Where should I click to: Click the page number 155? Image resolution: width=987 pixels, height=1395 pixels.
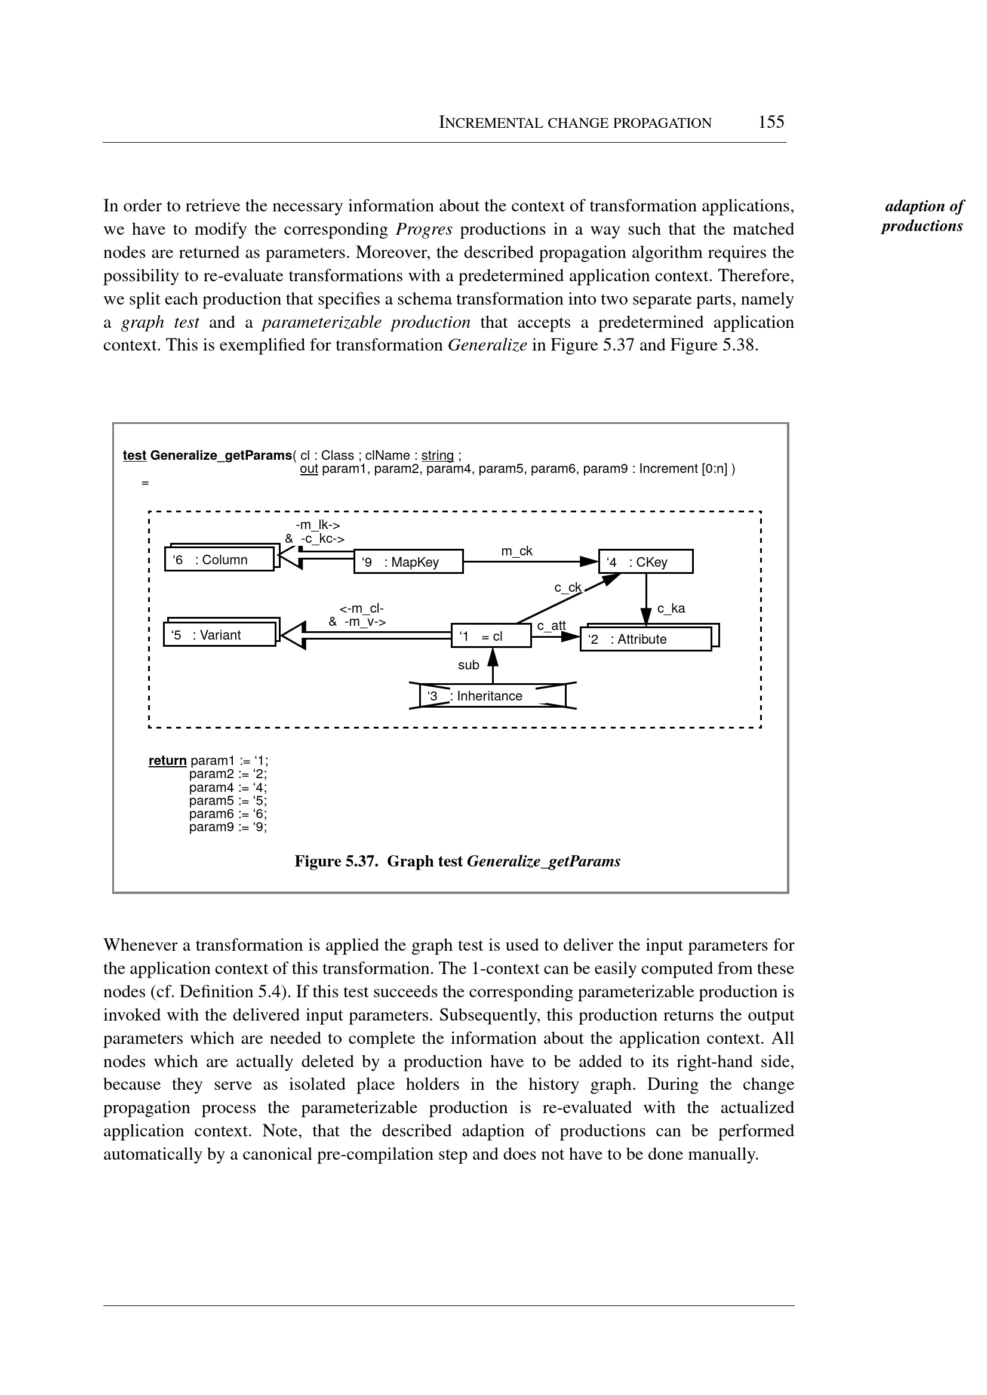tap(771, 122)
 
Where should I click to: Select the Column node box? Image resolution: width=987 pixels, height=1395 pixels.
tap(219, 559)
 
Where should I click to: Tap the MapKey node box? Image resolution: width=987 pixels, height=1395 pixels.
tap(408, 562)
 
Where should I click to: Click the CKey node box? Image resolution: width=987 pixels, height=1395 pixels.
tap(645, 562)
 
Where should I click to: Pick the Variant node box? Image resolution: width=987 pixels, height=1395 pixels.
tap(219, 635)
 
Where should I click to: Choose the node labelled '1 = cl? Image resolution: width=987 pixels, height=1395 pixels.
tap(491, 637)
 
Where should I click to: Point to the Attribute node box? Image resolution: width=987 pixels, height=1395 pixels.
tap(645, 639)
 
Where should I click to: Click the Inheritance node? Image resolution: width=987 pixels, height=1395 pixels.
tap(492, 696)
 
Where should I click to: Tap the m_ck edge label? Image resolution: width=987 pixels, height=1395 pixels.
tap(516, 551)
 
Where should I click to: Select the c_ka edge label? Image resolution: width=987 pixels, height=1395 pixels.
tap(671, 609)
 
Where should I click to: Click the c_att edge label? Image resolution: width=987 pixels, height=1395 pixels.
tap(551, 625)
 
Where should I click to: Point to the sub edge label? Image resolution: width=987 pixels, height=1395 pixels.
tap(469, 665)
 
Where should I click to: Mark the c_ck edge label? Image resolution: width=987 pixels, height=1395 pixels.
tap(568, 588)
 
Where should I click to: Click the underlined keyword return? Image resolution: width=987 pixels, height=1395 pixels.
tap(167, 761)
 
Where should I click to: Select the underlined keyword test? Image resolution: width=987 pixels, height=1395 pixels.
tap(134, 455)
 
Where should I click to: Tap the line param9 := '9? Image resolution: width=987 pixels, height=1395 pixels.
tap(228, 827)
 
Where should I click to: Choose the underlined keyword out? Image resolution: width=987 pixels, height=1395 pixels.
tap(309, 469)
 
